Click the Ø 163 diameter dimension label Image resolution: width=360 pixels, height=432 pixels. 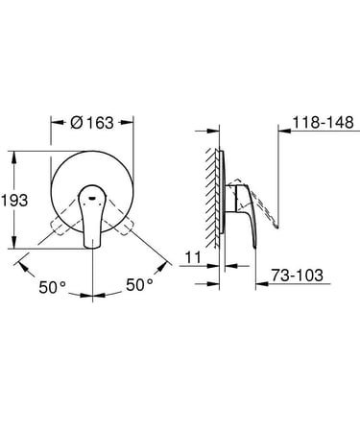93,124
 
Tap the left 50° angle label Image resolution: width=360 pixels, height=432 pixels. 55,285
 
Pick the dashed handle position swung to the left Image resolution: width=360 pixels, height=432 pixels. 60,227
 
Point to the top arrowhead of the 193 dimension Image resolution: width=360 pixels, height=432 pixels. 17,154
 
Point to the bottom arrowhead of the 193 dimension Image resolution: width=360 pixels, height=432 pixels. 17,244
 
